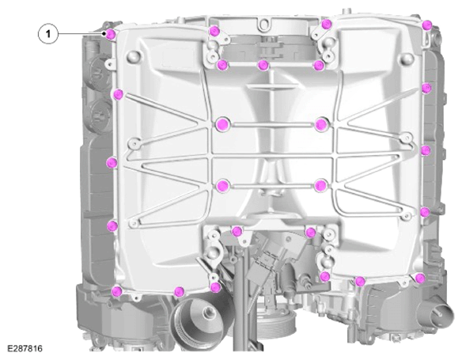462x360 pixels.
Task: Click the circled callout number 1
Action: [48, 34]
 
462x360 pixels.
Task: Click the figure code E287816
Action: [25, 348]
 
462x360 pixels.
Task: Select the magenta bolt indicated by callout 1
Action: [111, 35]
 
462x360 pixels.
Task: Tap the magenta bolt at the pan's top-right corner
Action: [426, 25]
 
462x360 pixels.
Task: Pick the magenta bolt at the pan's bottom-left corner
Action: [116, 291]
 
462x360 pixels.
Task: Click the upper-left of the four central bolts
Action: [222, 125]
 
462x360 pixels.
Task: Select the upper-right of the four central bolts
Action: [321, 124]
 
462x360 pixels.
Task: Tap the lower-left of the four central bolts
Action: [222, 186]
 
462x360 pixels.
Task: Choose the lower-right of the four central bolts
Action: [320, 185]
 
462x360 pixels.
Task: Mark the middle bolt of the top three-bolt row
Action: [263, 65]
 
